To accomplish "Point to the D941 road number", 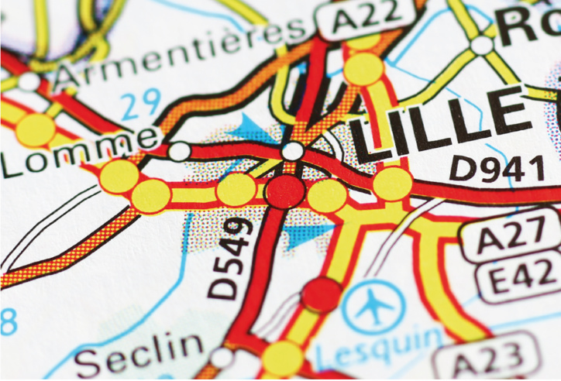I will (497, 166).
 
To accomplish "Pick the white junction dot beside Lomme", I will (179, 151).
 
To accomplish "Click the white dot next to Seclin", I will (222, 357).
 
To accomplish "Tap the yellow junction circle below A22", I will (363, 68).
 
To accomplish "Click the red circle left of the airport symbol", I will (321, 293).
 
